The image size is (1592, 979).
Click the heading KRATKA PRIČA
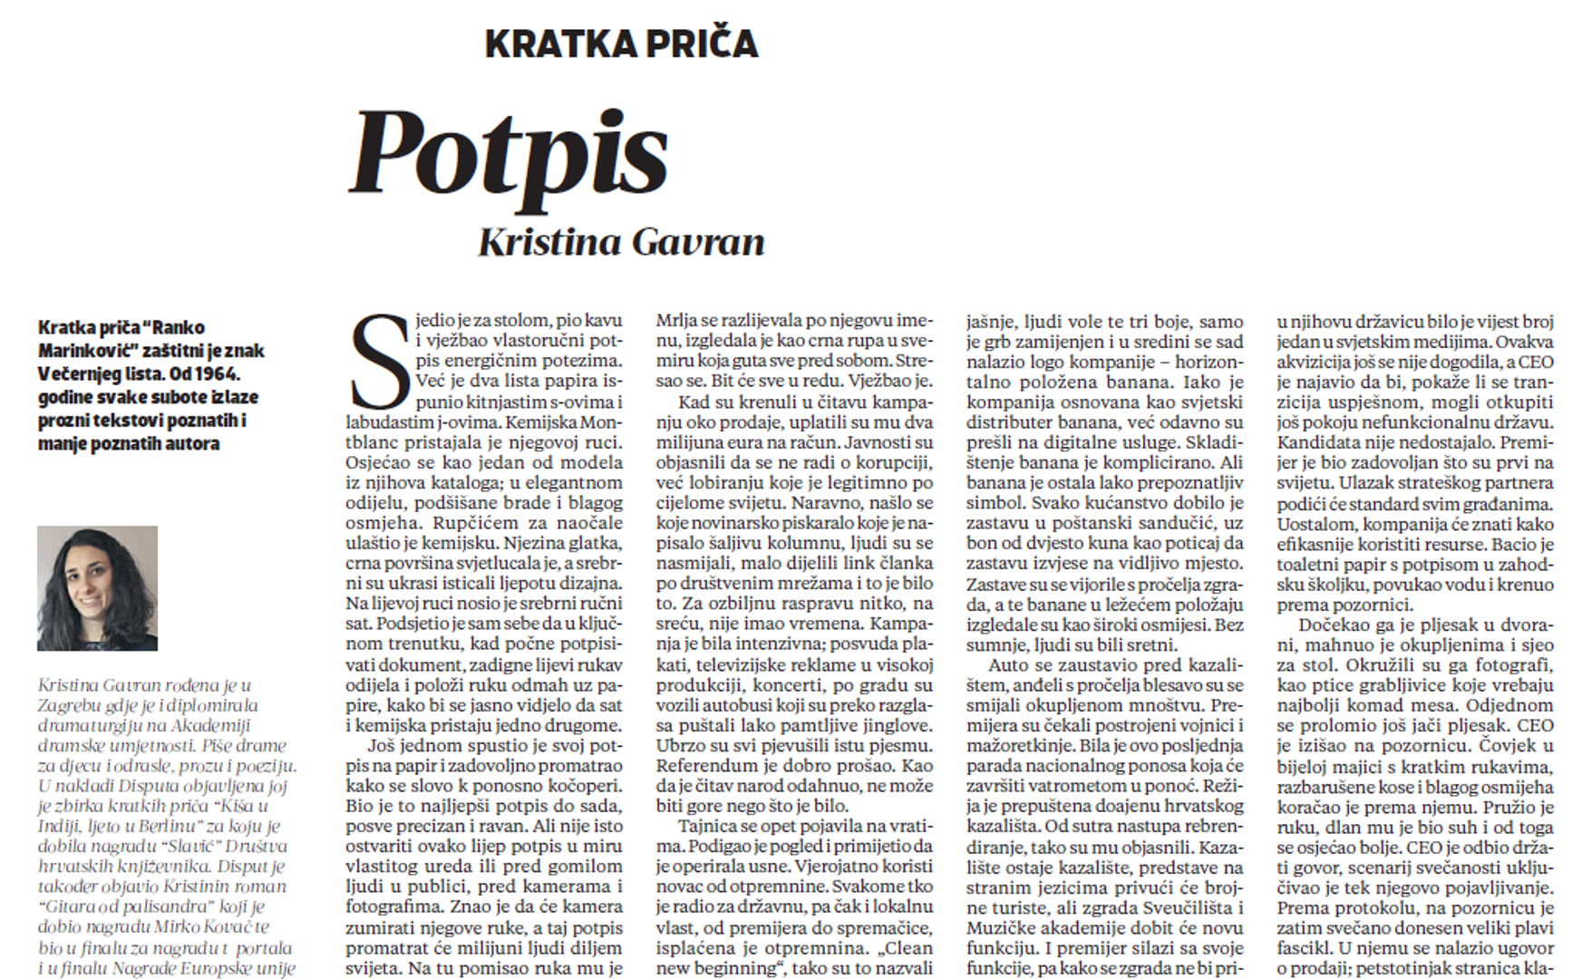click(x=621, y=44)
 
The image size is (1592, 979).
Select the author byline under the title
click(x=621, y=242)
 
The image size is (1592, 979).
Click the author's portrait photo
click(x=97, y=588)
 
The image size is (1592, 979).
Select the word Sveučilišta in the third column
click(x=1181, y=907)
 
